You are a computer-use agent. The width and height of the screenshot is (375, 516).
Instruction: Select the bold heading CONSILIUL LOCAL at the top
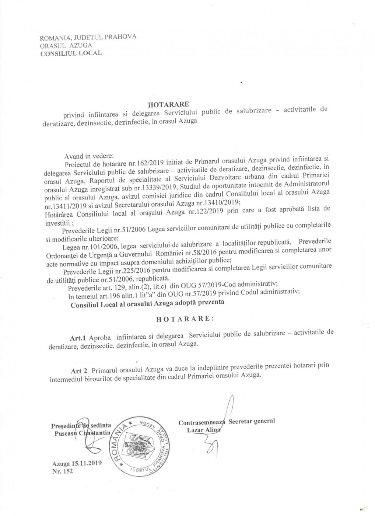point(71,53)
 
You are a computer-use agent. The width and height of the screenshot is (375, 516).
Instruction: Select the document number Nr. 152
point(63,471)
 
